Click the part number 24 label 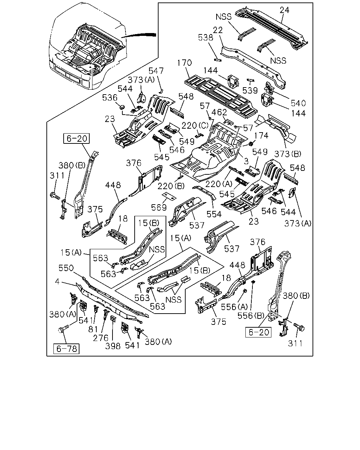(x=284, y=10)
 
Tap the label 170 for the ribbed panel (x=185, y=63)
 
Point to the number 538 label (x=206, y=38)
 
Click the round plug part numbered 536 (x=122, y=107)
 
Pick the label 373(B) (x=288, y=154)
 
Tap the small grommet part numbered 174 (x=251, y=144)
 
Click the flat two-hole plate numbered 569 (x=169, y=197)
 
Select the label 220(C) (x=195, y=126)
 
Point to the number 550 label (x=66, y=268)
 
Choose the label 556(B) (x=251, y=316)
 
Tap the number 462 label (x=219, y=112)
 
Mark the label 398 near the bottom (x=113, y=346)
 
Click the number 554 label (x=214, y=214)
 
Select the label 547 (x=156, y=71)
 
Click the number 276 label (x=101, y=338)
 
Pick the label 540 (x=298, y=103)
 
